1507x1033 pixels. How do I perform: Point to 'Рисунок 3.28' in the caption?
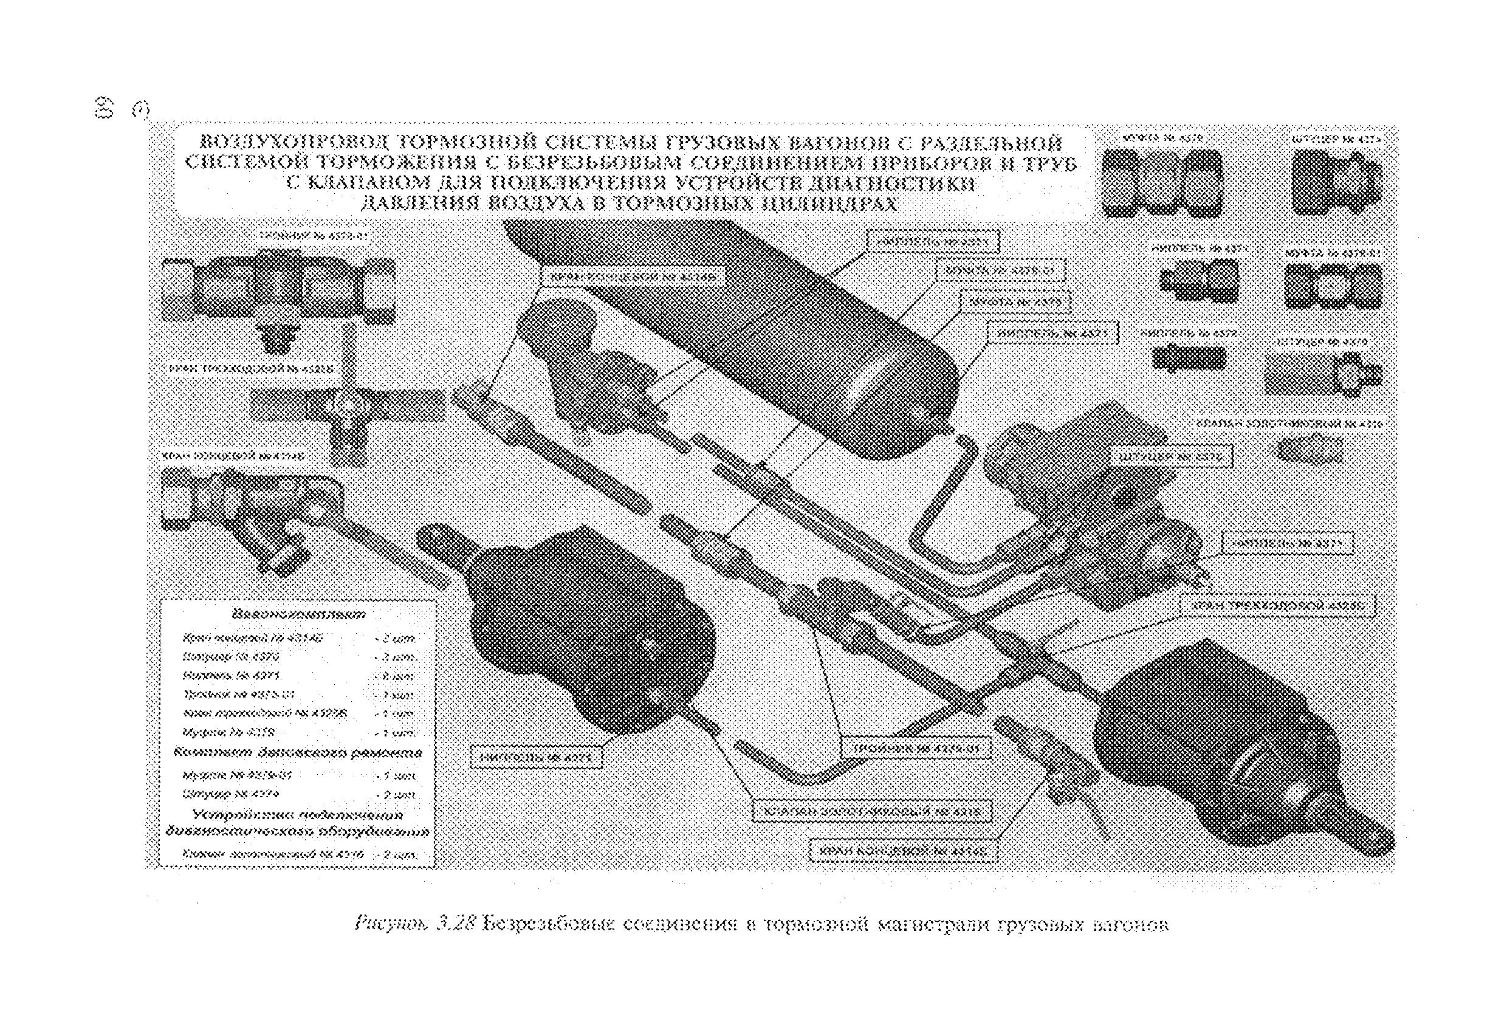click(416, 924)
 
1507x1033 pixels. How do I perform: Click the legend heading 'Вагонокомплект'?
click(299, 614)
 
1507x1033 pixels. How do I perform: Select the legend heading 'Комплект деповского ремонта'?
click(298, 753)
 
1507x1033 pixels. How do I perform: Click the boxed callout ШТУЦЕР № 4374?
click(1175, 457)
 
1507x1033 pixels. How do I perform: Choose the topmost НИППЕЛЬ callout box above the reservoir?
click(933, 242)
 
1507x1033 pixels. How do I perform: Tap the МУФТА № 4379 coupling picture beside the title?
click(1162, 183)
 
